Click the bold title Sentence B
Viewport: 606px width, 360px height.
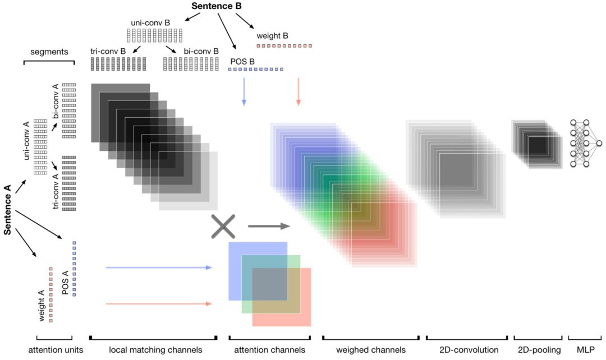[217, 7]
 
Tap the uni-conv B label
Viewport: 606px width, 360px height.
[150, 23]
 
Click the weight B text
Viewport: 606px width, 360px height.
[272, 36]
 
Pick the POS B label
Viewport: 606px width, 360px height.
[242, 61]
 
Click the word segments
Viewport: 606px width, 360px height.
[49, 52]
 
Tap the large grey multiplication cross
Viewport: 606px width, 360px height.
[223, 226]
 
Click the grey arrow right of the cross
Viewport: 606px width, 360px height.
[268, 227]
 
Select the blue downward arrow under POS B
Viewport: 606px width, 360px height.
[244, 92]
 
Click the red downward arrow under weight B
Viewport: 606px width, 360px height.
[299, 92]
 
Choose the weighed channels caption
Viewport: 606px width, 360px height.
[370, 350]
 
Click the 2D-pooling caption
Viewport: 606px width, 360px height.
[538, 350]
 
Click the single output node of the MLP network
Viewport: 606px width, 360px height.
[599, 144]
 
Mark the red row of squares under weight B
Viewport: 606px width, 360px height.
[284, 45]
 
